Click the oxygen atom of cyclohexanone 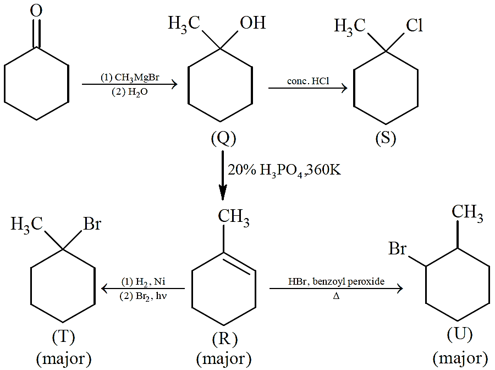click(x=36, y=11)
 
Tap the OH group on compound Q click(x=252, y=23)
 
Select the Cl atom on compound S click(x=414, y=25)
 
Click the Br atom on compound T click(x=92, y=224)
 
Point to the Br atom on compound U click(x=397, y=248)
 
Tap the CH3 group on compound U click(x=467, y=213)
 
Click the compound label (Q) click(x=223, y=138)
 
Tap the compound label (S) click(x=386, y=138)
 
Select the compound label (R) click(x=225, y=339)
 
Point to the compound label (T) click(x=63, y=337)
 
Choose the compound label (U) click(x=460, y=334)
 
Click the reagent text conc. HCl click(x=308, y=81)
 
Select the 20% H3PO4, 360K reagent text click(x=284, y=171)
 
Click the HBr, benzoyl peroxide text click(x=336, y=281)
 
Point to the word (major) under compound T click(x=64, y=359)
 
